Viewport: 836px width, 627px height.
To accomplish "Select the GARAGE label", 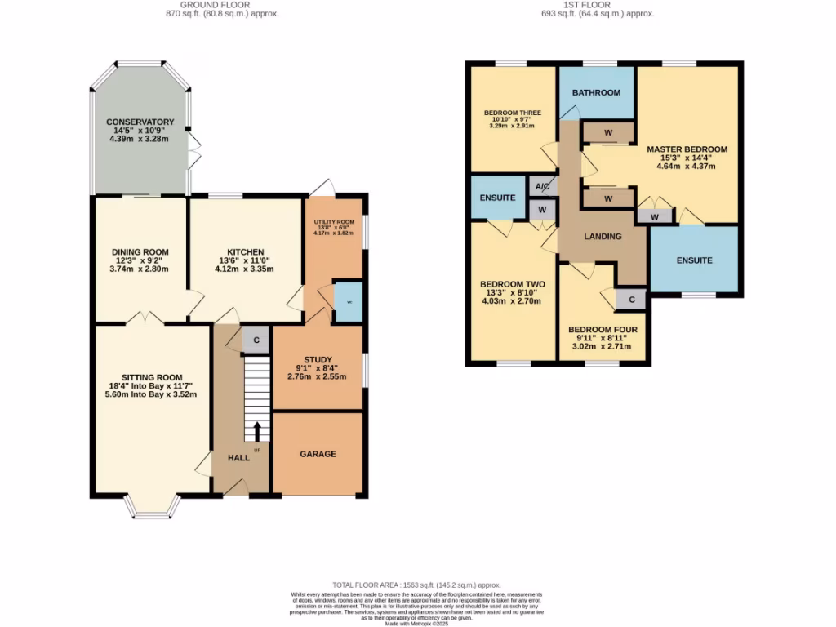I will pyautogui.click(x=318, y=454).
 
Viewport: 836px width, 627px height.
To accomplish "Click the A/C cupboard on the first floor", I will pyautogui.click(x=542, y=187).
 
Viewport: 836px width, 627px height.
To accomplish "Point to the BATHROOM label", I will pyautogui.click(x=596, y=92).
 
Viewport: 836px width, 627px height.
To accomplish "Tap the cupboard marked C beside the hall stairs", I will pyautogui.click(x=256, y=340).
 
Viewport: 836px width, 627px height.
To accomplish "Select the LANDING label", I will pyautogui.click(x=603, y=237).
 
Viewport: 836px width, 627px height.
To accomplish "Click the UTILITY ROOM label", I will pyautogui.click(x=335, y=222).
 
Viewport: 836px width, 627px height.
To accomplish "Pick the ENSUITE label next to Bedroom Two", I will pyautogui.click(x=497, y=198).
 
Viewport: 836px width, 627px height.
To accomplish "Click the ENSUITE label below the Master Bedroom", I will pyautogui.click(x=694, y=260).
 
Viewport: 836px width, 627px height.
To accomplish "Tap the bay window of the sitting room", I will pyautogui.click(x=153, y=509).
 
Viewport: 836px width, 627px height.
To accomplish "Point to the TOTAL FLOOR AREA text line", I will pyautogui.click(x=417, y=585).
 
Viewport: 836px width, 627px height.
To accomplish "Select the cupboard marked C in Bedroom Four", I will pyautogui.click(x=631, y=300).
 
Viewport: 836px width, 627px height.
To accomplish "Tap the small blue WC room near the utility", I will pyautogui.click(x=349, y=301).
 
